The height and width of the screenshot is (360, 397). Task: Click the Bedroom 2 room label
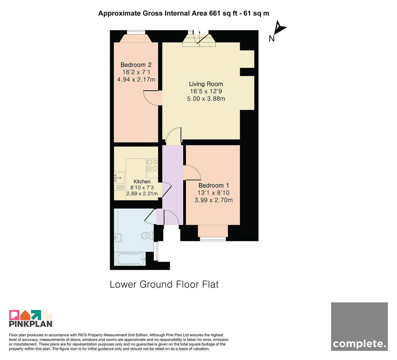point(136,65)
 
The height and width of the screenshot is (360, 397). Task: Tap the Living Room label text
point(206,84)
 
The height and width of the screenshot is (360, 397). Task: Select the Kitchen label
point(142,181)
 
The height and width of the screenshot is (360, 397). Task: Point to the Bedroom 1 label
point(214,185)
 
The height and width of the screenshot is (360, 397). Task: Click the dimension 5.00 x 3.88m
point(206,99)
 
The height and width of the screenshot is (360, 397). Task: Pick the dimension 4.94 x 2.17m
point(136,79)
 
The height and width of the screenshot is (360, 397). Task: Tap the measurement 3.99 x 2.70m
point(213,200)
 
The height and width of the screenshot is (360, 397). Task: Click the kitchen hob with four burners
point(152,165)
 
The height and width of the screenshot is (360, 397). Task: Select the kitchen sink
point(119,177)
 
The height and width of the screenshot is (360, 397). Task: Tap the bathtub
point(130,259)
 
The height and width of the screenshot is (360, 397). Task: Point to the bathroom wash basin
point(118,238)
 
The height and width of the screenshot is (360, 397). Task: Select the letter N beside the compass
point(272,39)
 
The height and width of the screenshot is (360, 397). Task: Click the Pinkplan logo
point(31,318)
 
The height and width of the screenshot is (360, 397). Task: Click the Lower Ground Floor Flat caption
point(164,284)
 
